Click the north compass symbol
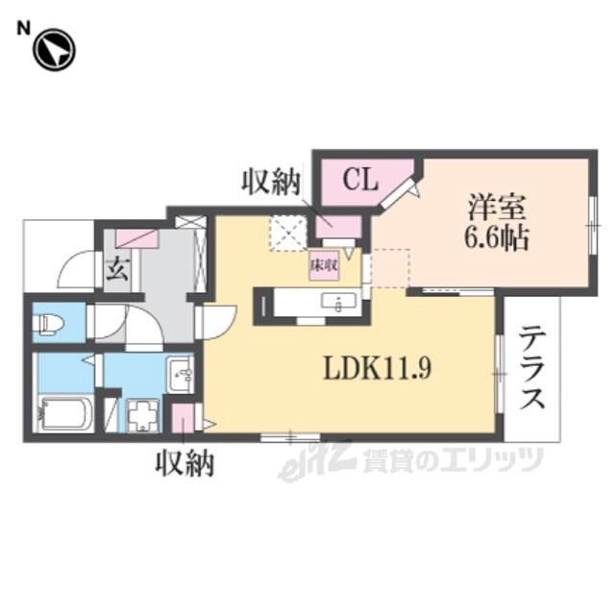(54, 50)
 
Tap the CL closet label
(360, 180)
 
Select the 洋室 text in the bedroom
(497, 207)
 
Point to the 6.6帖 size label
(497, 238)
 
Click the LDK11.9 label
(377, 368)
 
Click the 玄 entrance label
(117, 269)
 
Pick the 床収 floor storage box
(325, 265)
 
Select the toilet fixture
(48, 323)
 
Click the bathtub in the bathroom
(63, 414)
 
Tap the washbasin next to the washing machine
(180, 374)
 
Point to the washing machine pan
(143, 415)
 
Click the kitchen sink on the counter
(338, 302)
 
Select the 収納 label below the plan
(184, 463)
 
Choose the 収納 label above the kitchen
(271, 183)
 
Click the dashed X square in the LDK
(288, 233)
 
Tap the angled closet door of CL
(397, 192)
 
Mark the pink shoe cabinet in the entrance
(136, 239)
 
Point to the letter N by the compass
(23, 28)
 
